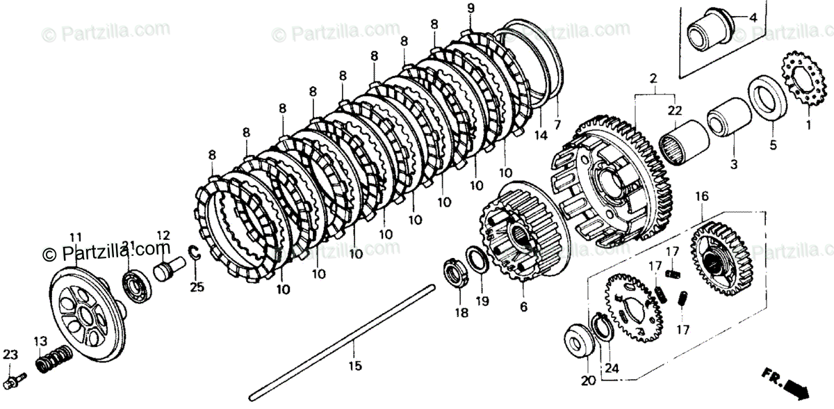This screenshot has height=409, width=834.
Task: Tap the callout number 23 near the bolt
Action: click(9, 354)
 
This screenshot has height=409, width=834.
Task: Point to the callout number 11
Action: click(76, 236)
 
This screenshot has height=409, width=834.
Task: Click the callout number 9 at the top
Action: click(471, 8)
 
